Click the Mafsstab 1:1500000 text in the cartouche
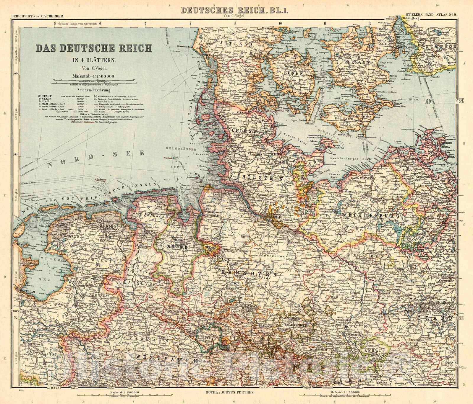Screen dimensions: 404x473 click(x=92, y=76)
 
